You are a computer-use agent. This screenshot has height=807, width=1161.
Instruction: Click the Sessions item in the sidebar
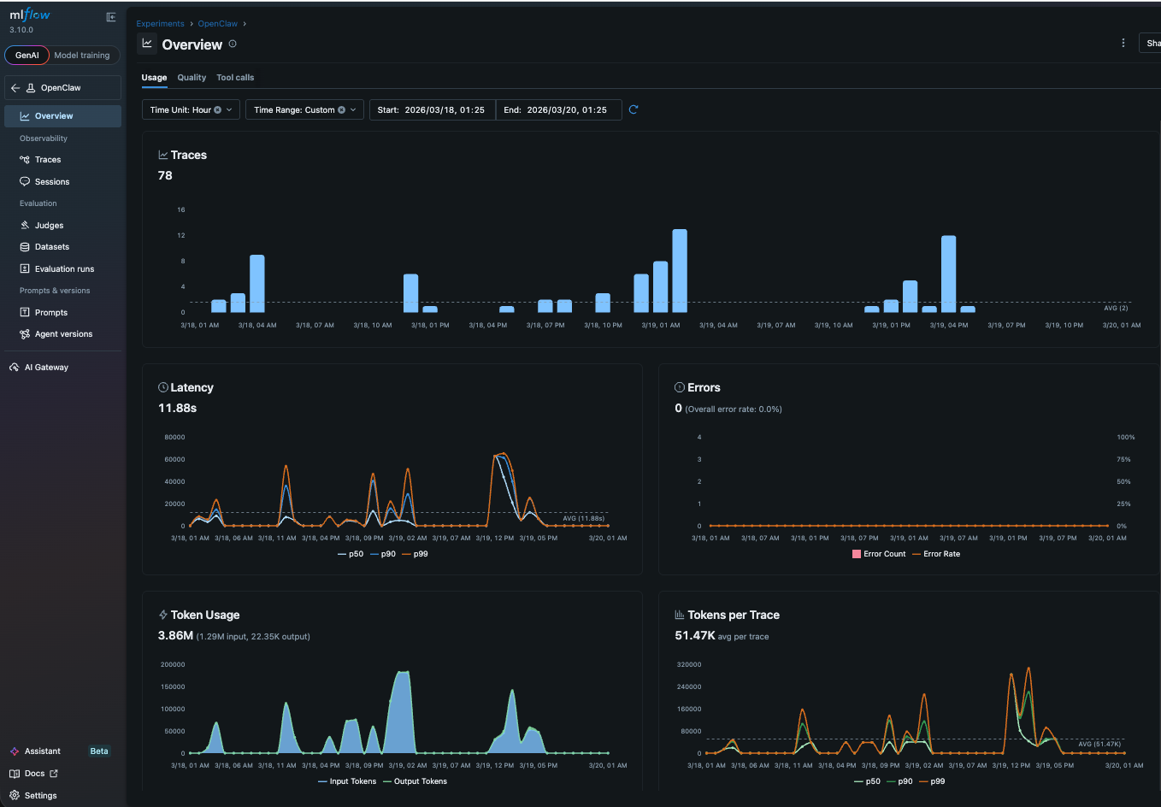coord(51,182)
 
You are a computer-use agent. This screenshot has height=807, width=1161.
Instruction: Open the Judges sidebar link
coord(49,226)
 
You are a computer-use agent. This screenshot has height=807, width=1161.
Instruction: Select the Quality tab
coord(192,78)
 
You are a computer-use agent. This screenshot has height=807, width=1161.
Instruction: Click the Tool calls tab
coord(235,78)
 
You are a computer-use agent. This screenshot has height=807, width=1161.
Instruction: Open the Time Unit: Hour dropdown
coord(191,110)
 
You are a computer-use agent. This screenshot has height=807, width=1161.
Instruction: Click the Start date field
coord(433,110)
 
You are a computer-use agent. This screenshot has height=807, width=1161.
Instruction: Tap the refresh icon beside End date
coord(634,109)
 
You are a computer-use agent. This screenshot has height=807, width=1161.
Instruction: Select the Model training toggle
coord(82,56)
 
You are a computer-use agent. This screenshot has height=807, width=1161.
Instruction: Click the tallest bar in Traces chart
coord(680,270)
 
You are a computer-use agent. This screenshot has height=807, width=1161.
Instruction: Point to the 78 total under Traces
coord(165,176)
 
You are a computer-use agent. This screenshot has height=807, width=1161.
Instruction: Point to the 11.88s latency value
coord(178,409)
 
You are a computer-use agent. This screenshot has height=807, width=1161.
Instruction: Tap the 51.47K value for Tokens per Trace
coord(694,636)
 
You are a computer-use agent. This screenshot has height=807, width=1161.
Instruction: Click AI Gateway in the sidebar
coord(46,368)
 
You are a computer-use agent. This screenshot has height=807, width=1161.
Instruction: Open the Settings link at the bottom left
coord(40,796)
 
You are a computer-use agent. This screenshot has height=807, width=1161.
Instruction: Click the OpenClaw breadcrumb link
coord(217,24)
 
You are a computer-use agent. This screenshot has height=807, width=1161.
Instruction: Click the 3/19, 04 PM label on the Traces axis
coord(949,326)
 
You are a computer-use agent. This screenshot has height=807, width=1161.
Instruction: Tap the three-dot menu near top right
coord(1123,43)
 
